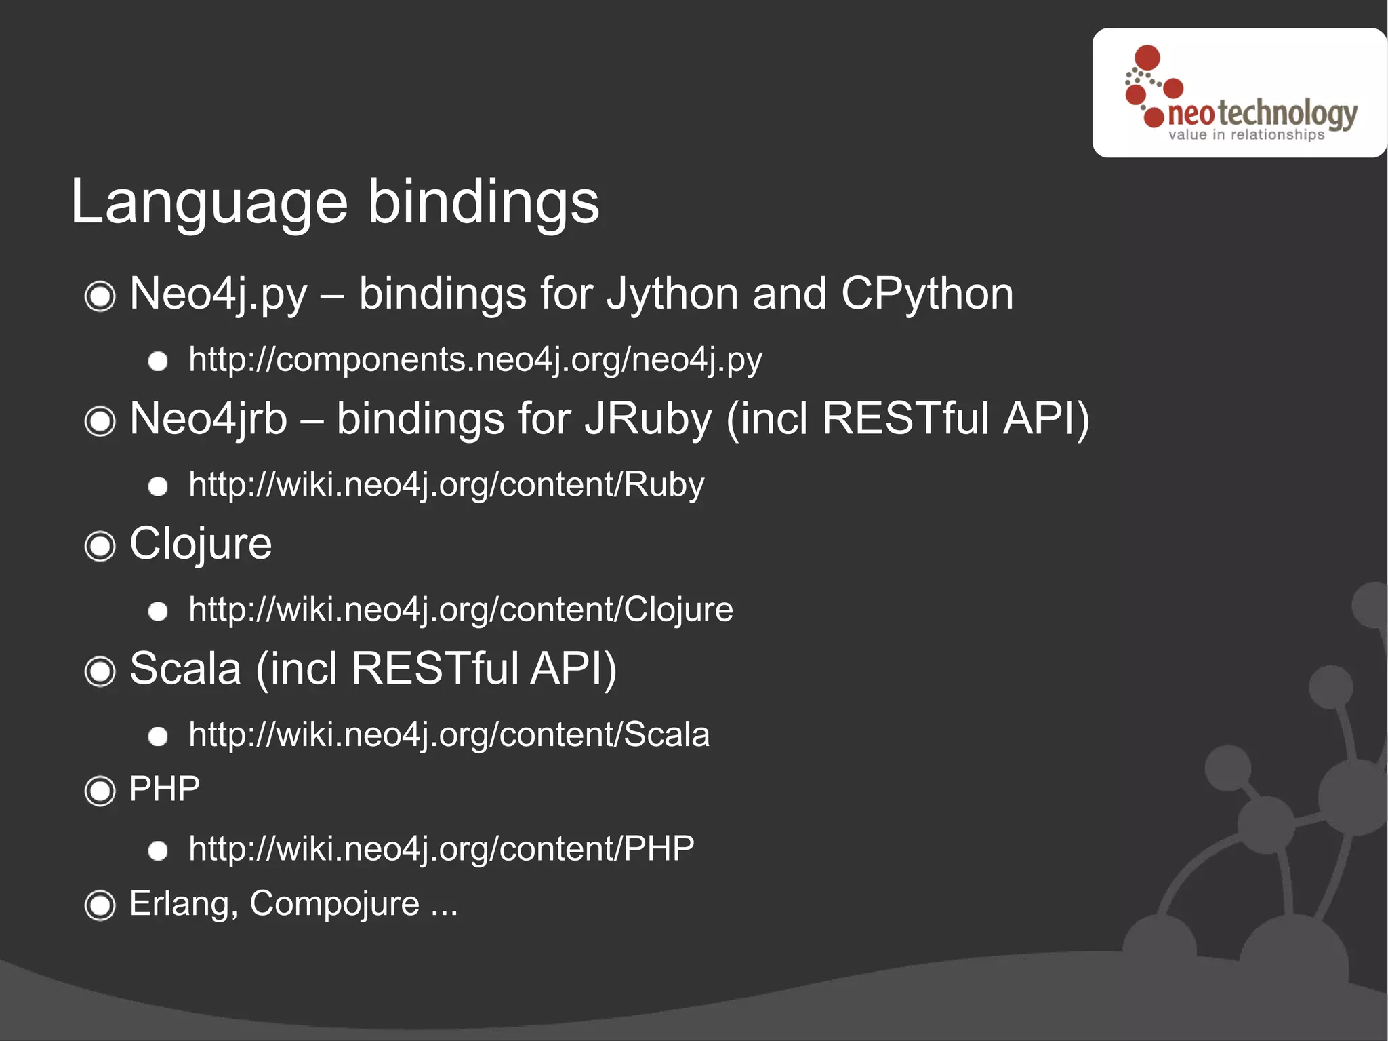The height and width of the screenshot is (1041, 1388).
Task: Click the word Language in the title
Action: click(209, 203)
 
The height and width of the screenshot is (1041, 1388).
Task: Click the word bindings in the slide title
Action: click(483, 203)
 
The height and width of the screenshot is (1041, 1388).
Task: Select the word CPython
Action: click(926, 294)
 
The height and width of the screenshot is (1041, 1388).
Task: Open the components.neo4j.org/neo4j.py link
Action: click(475, 359)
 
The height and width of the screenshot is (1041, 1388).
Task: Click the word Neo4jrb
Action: click(208, 418)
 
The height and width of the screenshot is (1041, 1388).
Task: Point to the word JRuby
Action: click(648, 418)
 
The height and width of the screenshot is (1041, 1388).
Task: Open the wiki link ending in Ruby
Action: click(446, 485)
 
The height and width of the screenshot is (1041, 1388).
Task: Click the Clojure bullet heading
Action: click(201, 544)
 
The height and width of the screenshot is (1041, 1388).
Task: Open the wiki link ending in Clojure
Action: click(461, 610)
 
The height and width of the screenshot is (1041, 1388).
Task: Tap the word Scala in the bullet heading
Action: click(185, 669)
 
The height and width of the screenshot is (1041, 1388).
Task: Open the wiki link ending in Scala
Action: click(449, 734)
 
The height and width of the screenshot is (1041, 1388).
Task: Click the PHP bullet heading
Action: click(165, 789)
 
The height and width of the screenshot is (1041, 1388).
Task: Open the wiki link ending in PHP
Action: click(441, 849)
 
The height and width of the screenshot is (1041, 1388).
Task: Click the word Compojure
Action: click(335, 904)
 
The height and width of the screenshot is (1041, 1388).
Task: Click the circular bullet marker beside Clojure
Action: click(100, 547)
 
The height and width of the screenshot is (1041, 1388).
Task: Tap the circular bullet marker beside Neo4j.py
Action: click(100, 296)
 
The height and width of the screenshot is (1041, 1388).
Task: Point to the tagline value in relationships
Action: click(1246, 135)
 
